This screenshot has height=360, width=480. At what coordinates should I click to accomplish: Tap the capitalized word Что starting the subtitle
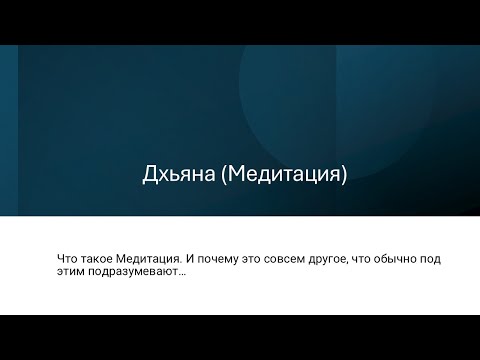click(69, 258)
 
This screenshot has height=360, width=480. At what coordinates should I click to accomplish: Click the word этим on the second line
click(72, 272)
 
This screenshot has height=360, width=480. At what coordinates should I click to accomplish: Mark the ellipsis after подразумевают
click(182, 274)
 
